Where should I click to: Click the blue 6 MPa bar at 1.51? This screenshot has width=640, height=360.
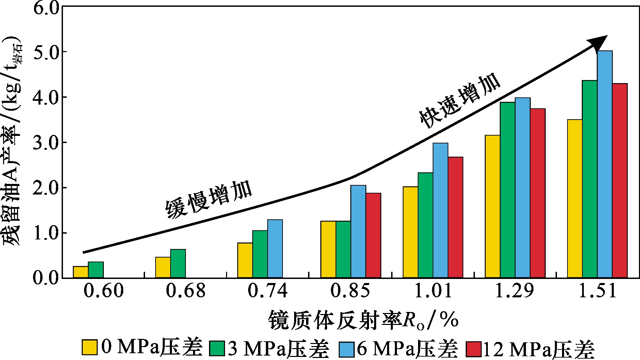pos(605,164)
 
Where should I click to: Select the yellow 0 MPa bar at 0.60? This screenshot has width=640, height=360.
pos(81,272)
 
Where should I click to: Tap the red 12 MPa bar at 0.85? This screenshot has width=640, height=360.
pos(373,235)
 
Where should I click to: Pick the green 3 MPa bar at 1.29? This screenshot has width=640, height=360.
pos(508,190)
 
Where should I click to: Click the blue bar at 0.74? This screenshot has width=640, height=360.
pos(275,249)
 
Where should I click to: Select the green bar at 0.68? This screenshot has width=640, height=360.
pos(178,264)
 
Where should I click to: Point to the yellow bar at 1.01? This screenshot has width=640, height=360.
pos(410,232)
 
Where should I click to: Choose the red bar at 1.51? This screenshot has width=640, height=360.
pos(620,181)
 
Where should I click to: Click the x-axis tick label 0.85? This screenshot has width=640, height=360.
pos(350,291)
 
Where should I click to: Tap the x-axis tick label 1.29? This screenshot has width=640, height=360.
pos(514,291)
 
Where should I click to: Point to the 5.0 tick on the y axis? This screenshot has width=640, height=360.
pos(46,52)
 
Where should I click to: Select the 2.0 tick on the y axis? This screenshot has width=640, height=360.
pos(46,188)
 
